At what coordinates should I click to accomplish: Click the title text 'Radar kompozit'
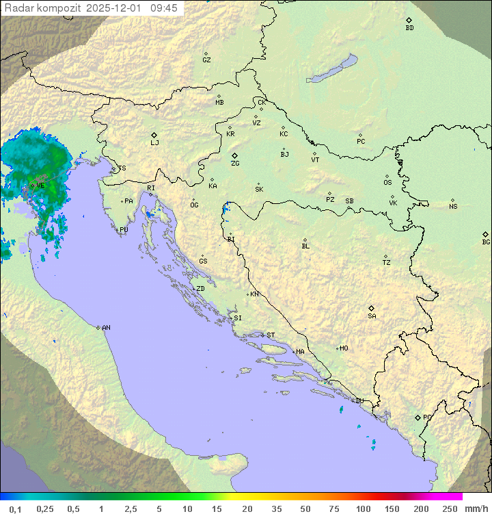42,8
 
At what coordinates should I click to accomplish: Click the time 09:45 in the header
164,8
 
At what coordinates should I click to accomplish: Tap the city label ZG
235,164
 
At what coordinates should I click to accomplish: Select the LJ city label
154,143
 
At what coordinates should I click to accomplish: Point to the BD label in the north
409,28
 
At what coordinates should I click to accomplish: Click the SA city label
372,316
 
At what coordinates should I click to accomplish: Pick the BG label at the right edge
486,242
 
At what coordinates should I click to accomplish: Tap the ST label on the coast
271,335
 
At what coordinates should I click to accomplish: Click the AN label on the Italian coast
106,328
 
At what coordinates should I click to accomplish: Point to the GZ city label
206,60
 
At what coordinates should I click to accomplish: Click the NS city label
453,207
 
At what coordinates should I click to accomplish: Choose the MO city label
344,348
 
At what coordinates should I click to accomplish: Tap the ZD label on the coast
200,289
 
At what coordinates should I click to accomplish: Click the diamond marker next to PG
418,417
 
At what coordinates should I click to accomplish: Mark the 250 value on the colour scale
449,509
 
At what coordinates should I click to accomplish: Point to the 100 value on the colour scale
364,509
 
